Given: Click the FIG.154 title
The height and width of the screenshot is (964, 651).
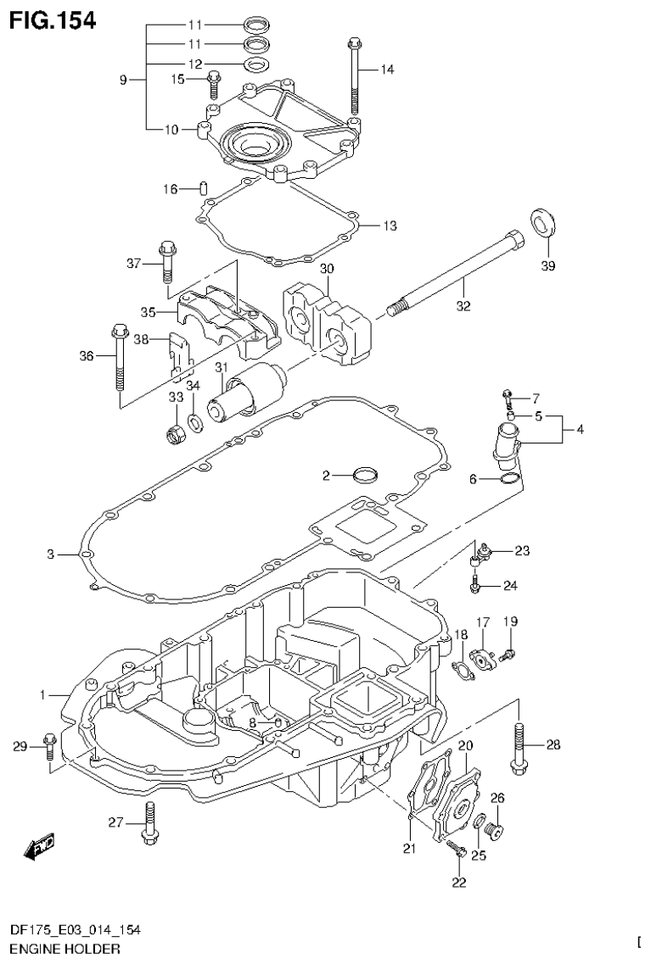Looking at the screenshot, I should [53, 18].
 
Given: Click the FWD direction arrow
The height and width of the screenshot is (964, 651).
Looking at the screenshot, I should [39, 845].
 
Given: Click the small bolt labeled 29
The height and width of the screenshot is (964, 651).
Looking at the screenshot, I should [49, 745].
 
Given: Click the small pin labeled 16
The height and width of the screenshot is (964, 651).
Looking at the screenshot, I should [204, 187].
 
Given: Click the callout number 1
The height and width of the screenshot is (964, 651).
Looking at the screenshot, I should [41, 695].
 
